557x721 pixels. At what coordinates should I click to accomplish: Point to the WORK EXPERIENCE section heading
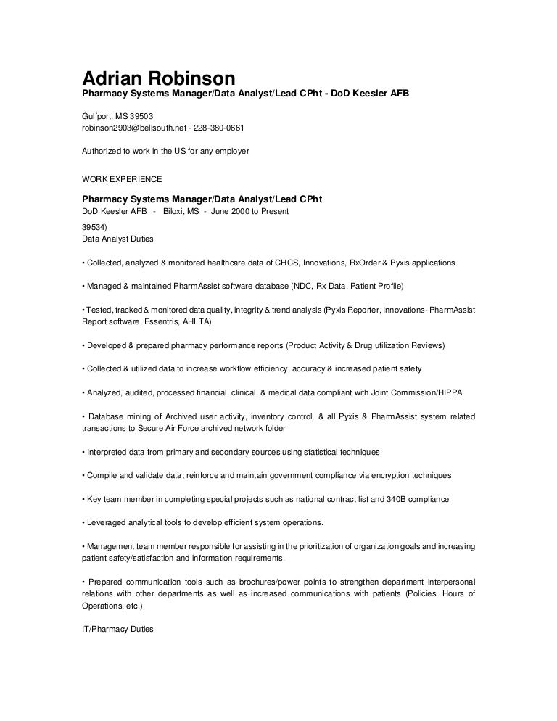[x=121, y=178]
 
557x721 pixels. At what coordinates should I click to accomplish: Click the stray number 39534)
[x=94, y=226]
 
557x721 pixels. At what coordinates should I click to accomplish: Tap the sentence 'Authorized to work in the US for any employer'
[x=165, y=152]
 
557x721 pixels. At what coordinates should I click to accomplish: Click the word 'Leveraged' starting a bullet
[x=106, y=523]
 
